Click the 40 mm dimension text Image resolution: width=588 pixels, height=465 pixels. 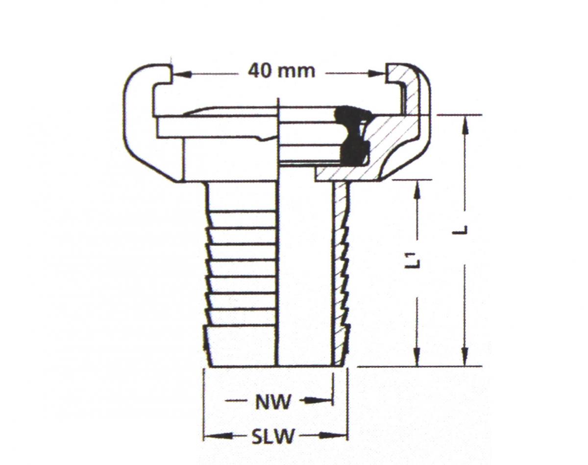(x=281, y=71)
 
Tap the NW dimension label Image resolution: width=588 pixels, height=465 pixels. (x=272, y=402)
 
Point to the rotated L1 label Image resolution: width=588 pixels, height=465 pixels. (x=412, y=260)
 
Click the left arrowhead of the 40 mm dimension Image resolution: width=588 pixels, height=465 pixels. (x=182, y=74)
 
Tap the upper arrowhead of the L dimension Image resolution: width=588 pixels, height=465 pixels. (x=465, y=125)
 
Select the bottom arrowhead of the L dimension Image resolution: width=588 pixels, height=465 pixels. (x=465, y=356)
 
